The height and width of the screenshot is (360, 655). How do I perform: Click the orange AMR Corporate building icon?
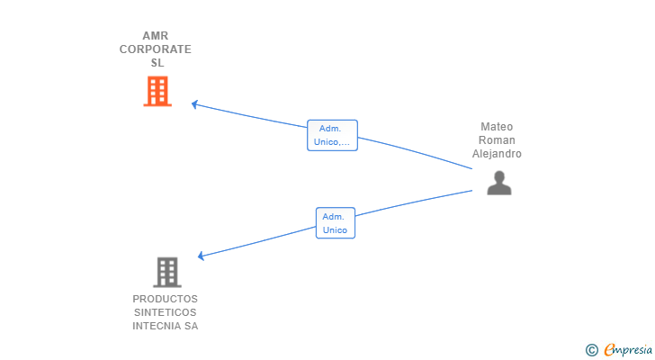coord(157,91)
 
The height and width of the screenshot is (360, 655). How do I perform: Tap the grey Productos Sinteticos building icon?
coord(166,272)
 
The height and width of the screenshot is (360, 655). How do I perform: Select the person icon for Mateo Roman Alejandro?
coord(498,183)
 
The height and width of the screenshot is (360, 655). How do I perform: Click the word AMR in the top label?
coord(156,36)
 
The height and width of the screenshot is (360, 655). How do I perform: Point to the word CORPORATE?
coord(156,49)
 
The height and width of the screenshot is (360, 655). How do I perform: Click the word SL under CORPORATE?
coord(157,63)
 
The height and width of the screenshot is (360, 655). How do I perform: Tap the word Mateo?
coord(497,127)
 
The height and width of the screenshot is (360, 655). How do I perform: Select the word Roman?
coord(497,140)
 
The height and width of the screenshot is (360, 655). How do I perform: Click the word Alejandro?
coord(497,154)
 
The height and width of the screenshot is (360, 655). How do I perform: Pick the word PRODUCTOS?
coord(166,299)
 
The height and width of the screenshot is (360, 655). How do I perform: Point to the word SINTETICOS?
coord(166,312)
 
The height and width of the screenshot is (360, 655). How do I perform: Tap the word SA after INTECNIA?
coord(191,326)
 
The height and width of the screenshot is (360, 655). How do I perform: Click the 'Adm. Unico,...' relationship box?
coord(332,135)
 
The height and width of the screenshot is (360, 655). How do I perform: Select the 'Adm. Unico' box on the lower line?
coord(336,223)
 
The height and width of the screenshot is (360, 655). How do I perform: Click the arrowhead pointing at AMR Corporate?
coord(194,104)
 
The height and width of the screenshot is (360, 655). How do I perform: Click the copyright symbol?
coord(591,350)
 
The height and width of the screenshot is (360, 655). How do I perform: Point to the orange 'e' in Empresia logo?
coord(609,350)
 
